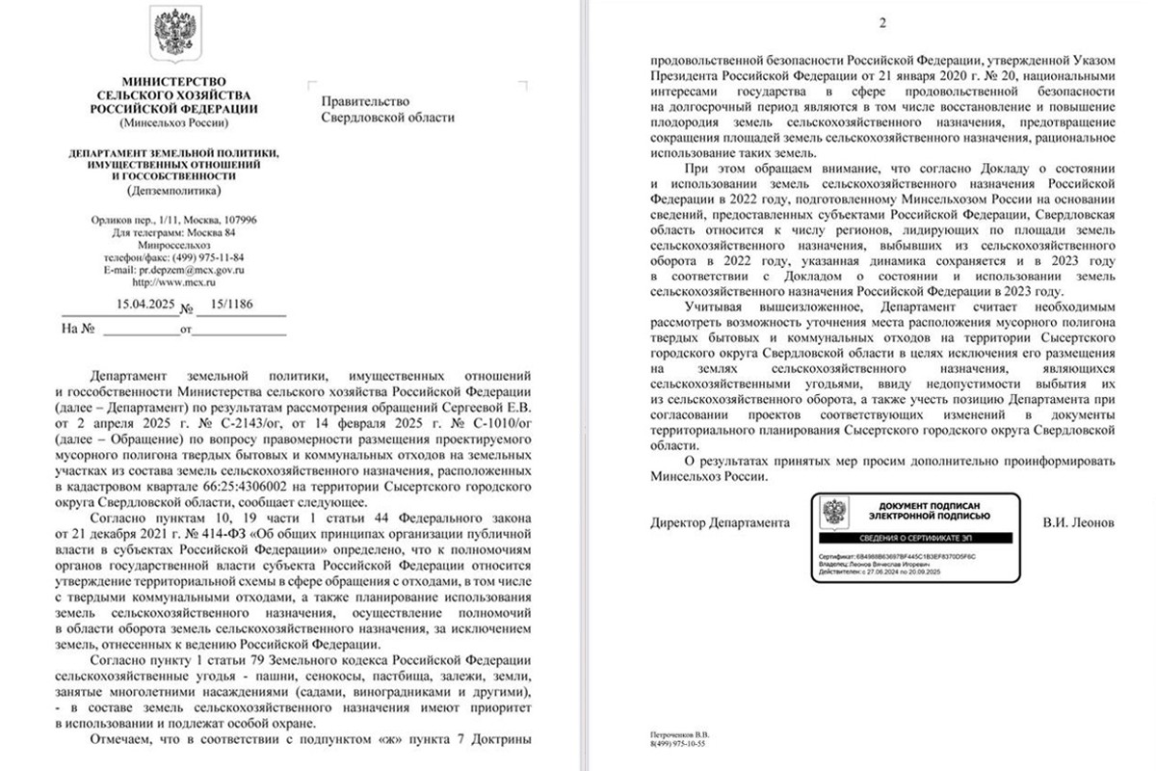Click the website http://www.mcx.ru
tap(173, 283)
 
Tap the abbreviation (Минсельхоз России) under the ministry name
tap(173, 122)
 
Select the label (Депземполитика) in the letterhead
tap(173, 190)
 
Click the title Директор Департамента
tap(713, 522)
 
